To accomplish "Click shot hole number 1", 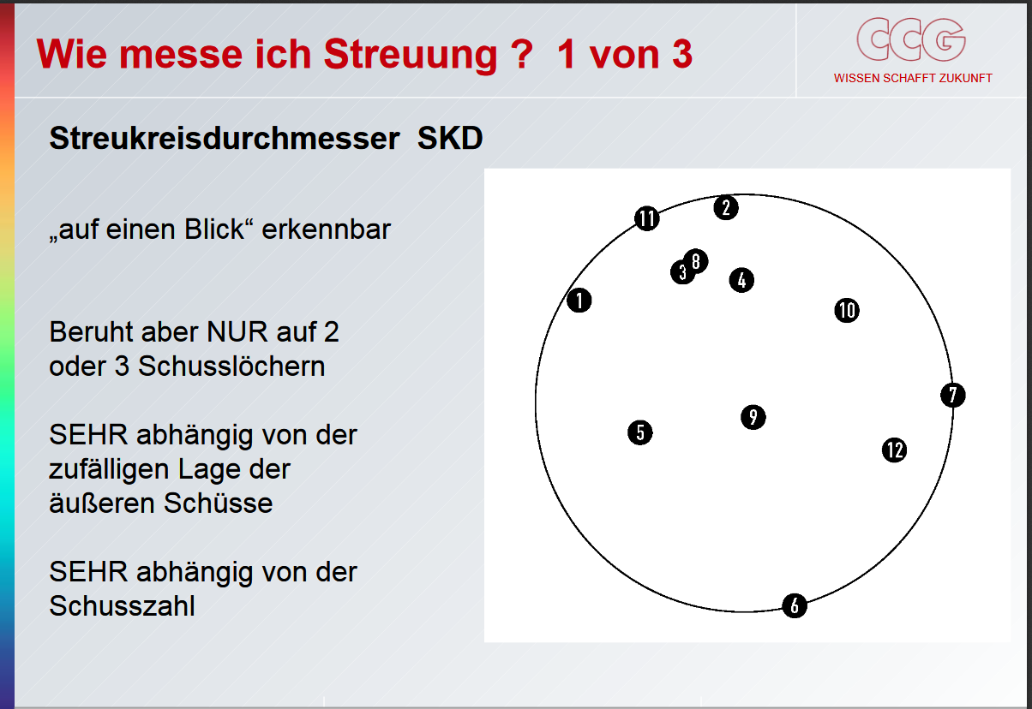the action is [579, 301].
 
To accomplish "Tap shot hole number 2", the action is [726, 207].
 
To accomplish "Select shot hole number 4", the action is [741, 280].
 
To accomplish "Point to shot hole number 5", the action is [640, 432].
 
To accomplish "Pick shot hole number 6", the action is [795, 605].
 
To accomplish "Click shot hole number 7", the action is [953, 395].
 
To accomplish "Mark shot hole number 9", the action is [753, 417].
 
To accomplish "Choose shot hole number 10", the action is [847, 310].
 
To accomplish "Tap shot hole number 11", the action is [647, 218].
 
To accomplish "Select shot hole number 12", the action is [894, 450].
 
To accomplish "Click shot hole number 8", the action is [696, 261].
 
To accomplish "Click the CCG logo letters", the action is [911, 39].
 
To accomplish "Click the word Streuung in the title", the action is [411, 55].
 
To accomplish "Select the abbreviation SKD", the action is [450, 138].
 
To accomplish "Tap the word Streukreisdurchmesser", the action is [225, 138].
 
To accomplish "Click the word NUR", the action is [237, 331].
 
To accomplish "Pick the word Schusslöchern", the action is [231, 366].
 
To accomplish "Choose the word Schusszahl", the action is [122, 605].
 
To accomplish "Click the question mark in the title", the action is [522, 54].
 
